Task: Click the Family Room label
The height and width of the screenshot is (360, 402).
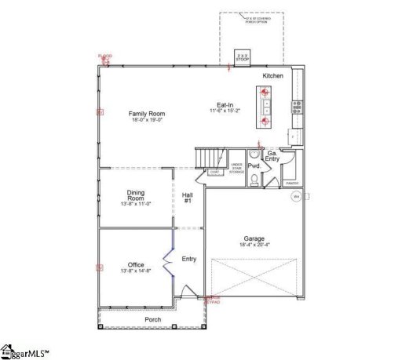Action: click(147, 114)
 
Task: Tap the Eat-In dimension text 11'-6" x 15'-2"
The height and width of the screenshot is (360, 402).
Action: click(225, 111)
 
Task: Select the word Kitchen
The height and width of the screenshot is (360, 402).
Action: click(272, 75)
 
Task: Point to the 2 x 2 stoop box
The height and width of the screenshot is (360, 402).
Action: click(243, 58)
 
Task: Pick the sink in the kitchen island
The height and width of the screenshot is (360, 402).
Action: click(265, 102)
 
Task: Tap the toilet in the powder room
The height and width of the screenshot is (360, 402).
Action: click(255, 180)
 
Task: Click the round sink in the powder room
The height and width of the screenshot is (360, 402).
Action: click(253, 155)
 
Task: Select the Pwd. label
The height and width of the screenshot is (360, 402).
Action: click(254, 166)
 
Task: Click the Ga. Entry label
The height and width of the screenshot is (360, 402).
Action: click(272, 156)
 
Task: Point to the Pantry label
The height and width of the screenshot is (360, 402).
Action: click(292, 183)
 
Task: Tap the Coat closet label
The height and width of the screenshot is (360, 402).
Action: click(214, 172)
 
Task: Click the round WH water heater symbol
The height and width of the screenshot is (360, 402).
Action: click(296, 198)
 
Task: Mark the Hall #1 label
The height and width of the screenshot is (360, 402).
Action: click(188, 198)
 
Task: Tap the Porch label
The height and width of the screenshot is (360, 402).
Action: click(153, 319)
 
